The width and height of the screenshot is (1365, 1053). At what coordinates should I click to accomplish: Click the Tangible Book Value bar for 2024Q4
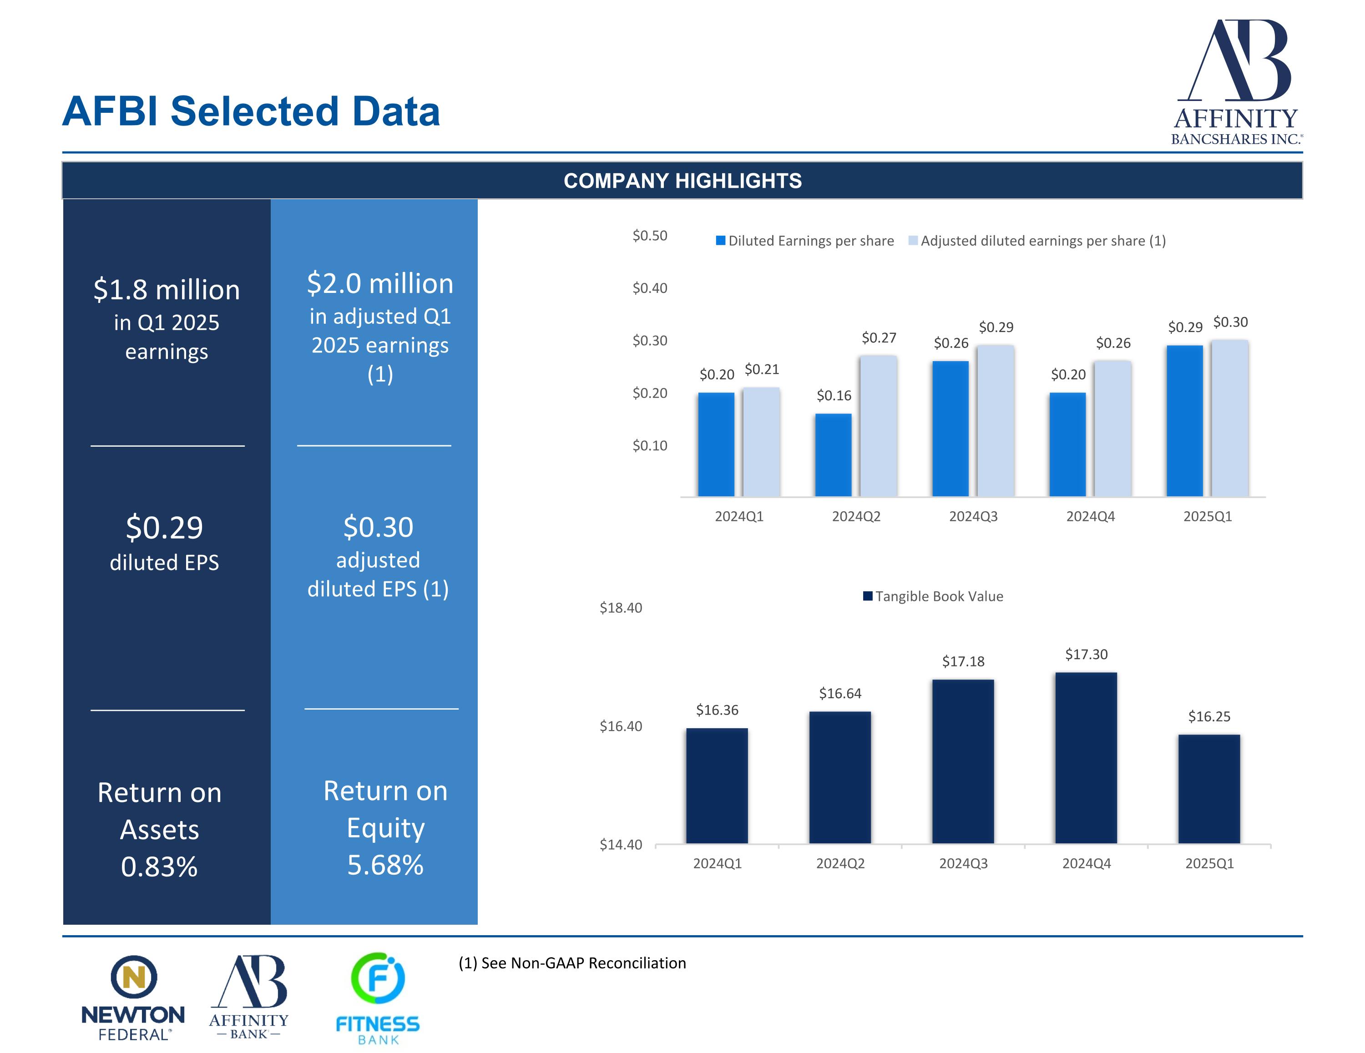[x=1086, y=757]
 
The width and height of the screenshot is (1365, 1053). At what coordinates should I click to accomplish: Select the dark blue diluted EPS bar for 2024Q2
[x=833, y=455]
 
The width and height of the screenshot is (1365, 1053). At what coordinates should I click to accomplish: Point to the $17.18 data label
[x=963, y=661]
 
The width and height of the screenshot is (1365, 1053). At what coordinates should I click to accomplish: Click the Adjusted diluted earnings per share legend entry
[x=1037, y=241]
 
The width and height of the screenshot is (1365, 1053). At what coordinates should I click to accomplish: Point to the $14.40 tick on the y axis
[x=621, y=845]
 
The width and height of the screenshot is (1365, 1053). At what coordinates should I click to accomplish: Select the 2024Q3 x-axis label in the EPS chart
[x=973, y=516]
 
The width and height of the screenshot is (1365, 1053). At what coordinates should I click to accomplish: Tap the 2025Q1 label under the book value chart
[x=1209, y=863]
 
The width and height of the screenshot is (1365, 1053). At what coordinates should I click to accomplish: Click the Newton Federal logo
[x=133, y=998]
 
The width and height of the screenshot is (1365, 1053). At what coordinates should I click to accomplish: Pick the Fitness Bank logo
[x=378, y=998]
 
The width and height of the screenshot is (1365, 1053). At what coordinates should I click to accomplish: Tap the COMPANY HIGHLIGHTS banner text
[x=682, y=181]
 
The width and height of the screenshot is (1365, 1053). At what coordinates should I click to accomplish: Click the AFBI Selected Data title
[x=251, y=111]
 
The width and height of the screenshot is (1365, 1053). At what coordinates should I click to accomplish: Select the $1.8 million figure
[x=166, y=290]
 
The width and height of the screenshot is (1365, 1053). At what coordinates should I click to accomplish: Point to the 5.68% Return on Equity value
[x=385, y=865]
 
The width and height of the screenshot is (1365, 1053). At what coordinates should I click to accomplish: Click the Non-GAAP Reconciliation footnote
[x=572, y=963]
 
